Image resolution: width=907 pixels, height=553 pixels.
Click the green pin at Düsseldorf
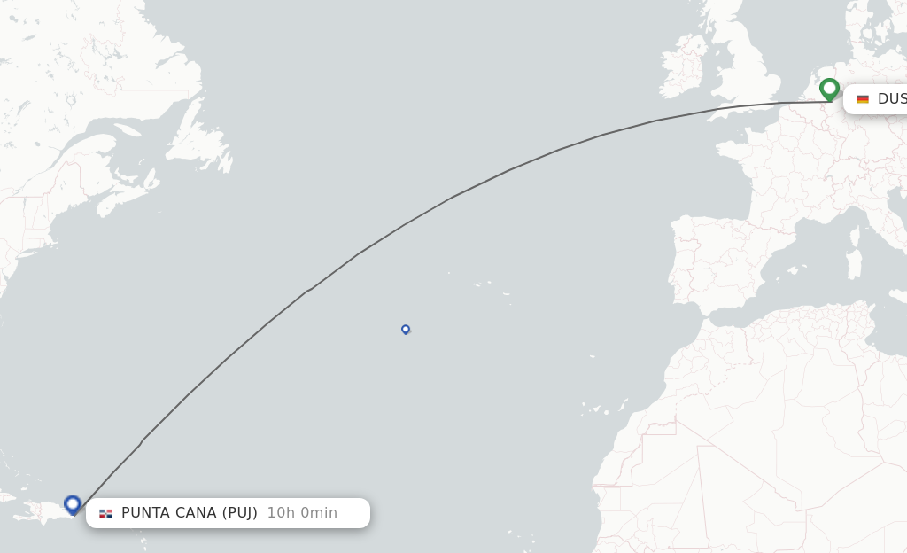coord(829,89)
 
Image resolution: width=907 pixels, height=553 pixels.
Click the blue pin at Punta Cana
coord(73,504)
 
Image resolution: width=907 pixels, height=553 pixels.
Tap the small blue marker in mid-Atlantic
coord(406,329)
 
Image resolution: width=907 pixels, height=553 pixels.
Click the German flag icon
coord(863,99)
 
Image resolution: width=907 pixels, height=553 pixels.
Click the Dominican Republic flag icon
coord(106,513)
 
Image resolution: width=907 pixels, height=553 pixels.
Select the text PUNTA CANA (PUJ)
coord(190,513)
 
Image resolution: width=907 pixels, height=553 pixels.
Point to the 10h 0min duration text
coord(302,513)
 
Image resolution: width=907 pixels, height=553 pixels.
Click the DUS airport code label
coord(891,99)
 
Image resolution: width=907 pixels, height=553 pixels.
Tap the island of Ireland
coord(681,67)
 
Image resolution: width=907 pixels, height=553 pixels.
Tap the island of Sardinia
coord(854,265)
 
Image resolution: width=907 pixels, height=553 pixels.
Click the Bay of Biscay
coord(713,191)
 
